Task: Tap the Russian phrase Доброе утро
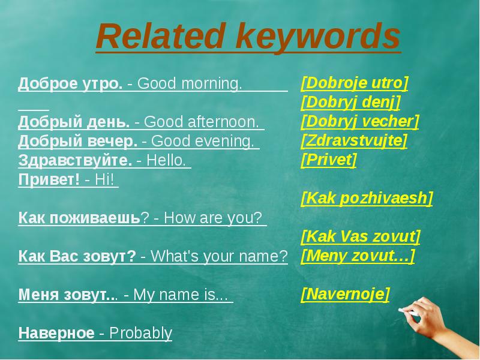[70, 83]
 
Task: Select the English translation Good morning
[190, 84]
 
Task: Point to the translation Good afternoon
[202, 122]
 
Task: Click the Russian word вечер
[112, 141]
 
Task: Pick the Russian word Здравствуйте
[75, 160]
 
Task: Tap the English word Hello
[166, 160]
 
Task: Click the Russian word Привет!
[49, 179]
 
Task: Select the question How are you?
[213, 218]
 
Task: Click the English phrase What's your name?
[219, 256]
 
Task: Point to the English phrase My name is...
[181, 295]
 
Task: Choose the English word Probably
[141, 334]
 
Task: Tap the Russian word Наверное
[56, 333]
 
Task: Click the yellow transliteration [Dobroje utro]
[355, 83]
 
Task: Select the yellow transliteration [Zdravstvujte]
[354, 141]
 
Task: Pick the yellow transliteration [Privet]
[329, 160]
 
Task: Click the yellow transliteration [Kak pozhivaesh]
[367, 199]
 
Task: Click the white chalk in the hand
[409, 312]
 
